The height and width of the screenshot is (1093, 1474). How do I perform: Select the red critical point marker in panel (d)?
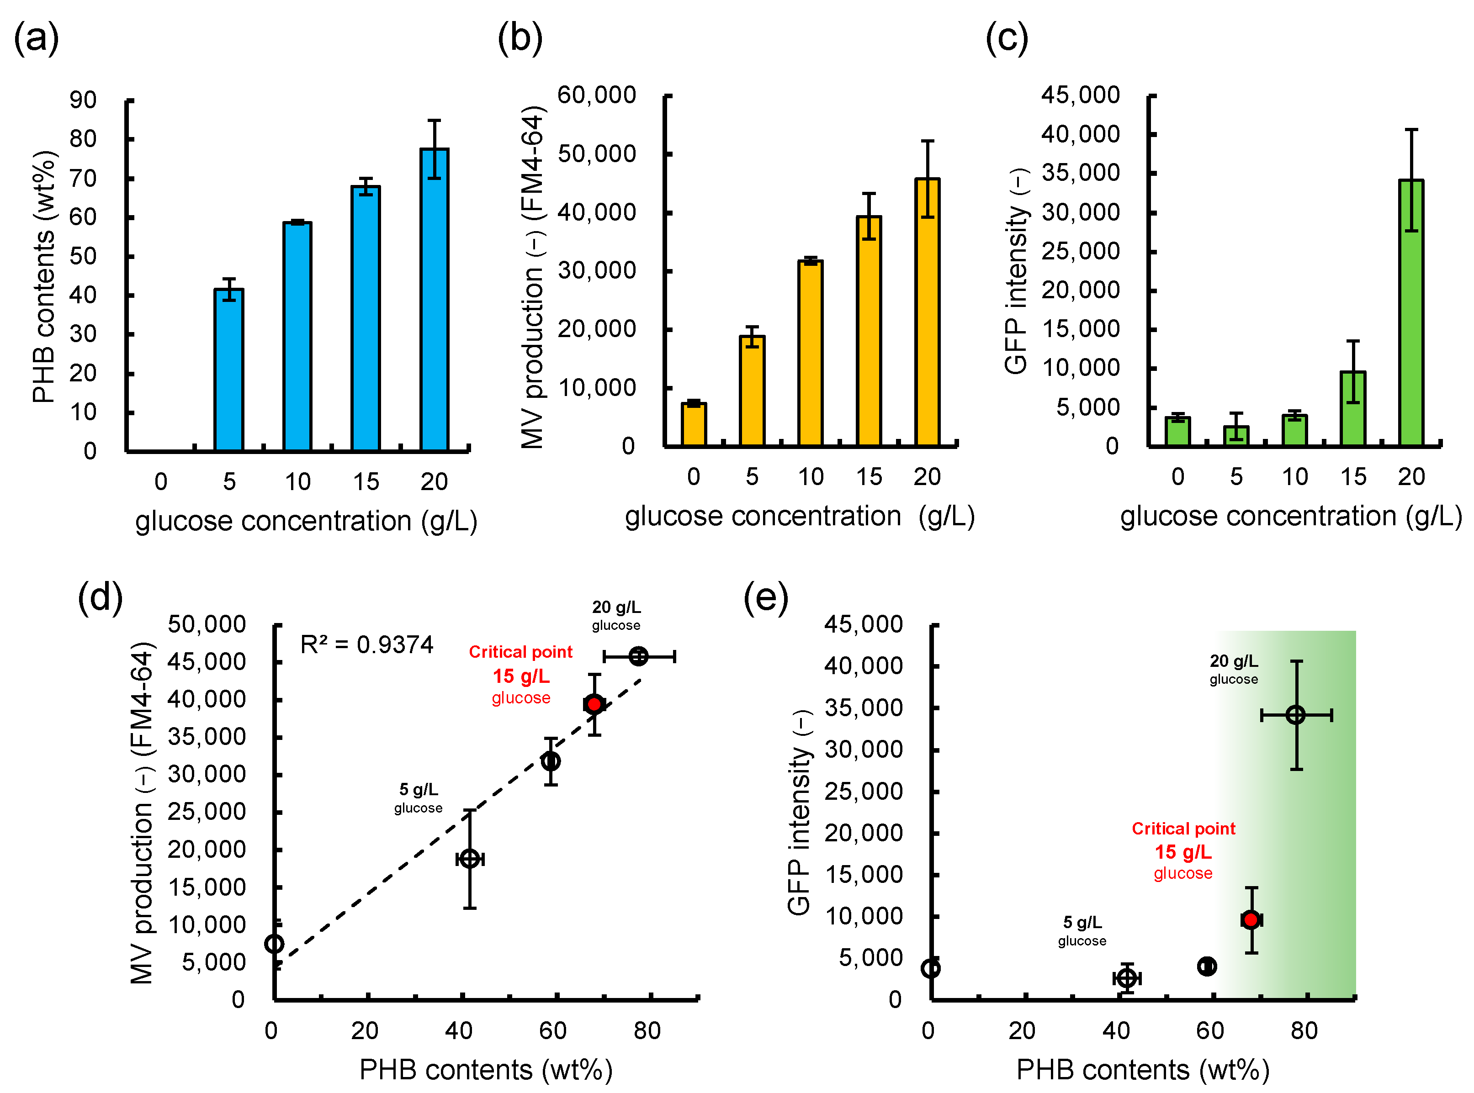click(x=594, y=704)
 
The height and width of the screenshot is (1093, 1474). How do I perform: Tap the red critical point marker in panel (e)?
click(x=1250, y=919)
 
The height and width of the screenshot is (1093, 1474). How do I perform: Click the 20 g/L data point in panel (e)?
click(x=1295, y=714)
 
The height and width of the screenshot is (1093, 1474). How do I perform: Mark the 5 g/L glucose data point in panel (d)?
click(x=469, y=859)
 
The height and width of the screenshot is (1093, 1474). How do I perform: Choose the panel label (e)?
click(x=765, y=597)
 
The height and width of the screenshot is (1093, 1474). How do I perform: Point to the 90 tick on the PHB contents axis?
click(x=84, y=100)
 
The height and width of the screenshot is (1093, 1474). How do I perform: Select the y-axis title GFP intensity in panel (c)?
click(x=1016, y=271)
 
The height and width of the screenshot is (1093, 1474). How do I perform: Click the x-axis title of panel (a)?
click(x=306, y=521)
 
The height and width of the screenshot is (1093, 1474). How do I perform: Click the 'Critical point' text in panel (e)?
click(x=1183, y=829)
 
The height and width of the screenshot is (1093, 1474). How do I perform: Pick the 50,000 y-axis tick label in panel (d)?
click(x=206, y=624)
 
